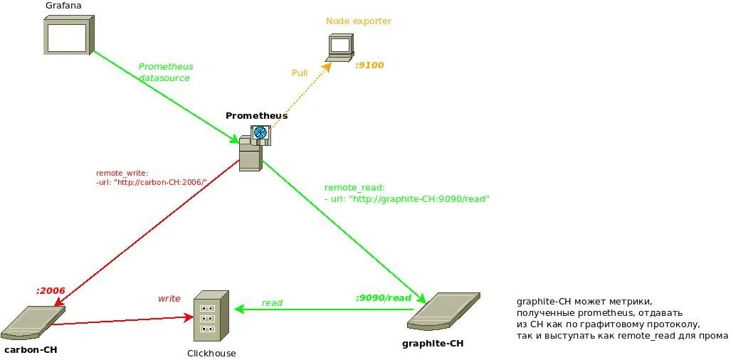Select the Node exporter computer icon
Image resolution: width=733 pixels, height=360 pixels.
(340, 48)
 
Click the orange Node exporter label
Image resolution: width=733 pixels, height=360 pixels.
(359, 21)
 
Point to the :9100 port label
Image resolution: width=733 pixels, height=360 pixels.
(369, 65)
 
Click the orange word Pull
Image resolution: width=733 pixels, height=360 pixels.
(300, 73)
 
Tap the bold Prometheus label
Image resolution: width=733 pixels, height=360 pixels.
(256, 116)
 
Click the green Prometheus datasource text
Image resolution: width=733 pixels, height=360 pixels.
(165, 72)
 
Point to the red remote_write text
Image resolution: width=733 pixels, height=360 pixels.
(151, 177)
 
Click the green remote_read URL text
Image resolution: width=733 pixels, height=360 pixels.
(407, 194)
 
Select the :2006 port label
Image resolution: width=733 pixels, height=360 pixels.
(51, 290)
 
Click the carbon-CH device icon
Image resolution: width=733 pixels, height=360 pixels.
(33, 322)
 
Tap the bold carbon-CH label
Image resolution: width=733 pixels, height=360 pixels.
(31, 350)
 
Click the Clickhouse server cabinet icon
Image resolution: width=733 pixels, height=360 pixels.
(211, 316)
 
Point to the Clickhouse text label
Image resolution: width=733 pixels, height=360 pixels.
(211, 354)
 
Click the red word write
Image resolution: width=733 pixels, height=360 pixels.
(169, 299)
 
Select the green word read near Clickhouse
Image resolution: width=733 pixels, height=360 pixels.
(272, 303)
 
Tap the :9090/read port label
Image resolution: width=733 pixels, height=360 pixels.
(384, 298)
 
